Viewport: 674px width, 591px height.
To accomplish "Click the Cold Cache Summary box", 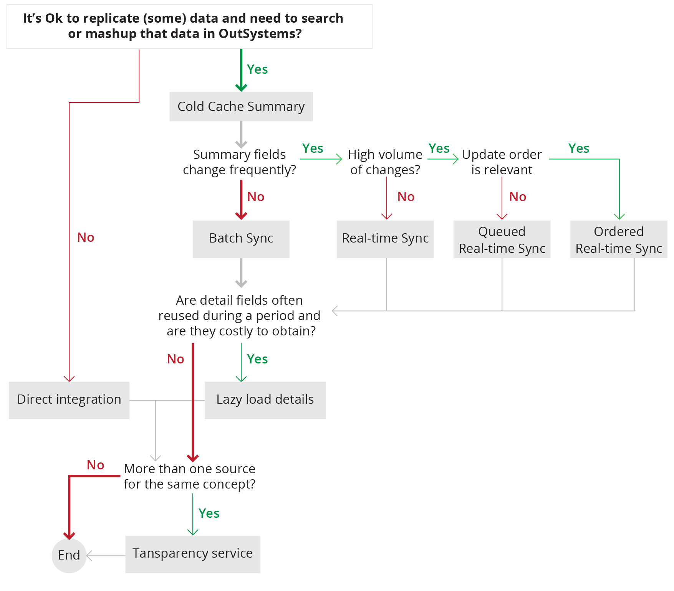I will pyautogui.click(x=241, y=107).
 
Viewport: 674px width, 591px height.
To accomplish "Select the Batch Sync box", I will pyautogui.click(x=241, y=239).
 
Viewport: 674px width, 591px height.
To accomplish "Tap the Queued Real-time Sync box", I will pyautogui.click(x=502, y=239).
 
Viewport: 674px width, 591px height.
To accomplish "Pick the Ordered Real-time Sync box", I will pyautogui.click(x=618, y=239).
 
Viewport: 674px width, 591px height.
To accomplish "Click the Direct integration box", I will pyautogui.click(x=69, y=400).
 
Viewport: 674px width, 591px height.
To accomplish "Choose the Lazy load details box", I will pyautogui.click(x=265, y=400).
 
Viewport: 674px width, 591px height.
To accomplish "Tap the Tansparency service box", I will pyautogui.click(x=192, y=554).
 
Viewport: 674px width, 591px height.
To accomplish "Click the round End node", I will pyautogui.click(x=69, y=555).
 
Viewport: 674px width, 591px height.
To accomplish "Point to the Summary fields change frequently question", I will pyautogui.click(x=239, y=162).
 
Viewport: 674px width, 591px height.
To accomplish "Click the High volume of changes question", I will pyautogui.click(x=385, y=162).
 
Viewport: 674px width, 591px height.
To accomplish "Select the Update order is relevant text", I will pyautogui.click(x=502, y=162).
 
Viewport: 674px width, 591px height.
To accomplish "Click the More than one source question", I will pyautogui.click(x=189, y=476).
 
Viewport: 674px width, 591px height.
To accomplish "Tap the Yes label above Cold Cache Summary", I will pyautogui.click(x=257, y=69).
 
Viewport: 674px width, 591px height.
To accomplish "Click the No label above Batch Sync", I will pyautogui.click(x=256, y=197).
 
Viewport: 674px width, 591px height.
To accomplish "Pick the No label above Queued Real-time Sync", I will pyautogui.click(x=517, y=197).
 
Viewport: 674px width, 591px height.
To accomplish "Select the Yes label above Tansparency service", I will pyautogui.click(x=209, y=513).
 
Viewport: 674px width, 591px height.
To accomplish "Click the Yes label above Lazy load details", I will pyautogui.click(x=257, y=359).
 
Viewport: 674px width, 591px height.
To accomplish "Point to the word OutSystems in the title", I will pyautogui.click(x=260, y=34).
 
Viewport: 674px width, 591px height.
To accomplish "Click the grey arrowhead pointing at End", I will pyautogui.click(x=89, y=556).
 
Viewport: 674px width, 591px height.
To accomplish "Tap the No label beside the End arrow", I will pyautogui.click(x=95, y=465).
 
